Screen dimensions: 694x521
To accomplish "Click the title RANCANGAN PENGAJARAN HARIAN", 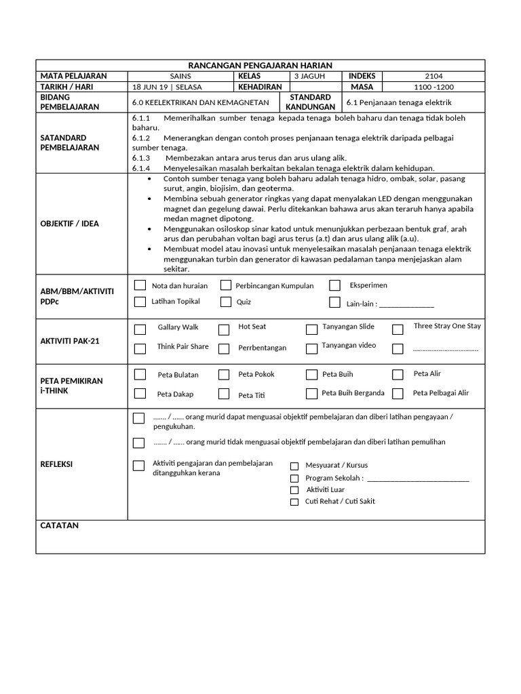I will tap(260, 65).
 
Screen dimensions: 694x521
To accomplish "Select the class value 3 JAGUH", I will tap(309, 77).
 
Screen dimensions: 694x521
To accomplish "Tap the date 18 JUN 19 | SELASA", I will tap(167, 87).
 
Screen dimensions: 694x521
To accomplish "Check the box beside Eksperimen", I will tap(334, 285).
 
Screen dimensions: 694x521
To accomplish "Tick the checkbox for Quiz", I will tap(226, 302).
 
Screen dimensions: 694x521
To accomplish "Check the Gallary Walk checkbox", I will tap(140, 330).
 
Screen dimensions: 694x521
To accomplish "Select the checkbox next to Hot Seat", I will tap(224, 330).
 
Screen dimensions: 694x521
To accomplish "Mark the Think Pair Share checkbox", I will tap(140, 350).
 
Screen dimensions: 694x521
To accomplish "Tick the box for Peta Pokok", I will tap(224, 374).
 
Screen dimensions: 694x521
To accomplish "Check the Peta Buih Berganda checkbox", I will tap(311, 394).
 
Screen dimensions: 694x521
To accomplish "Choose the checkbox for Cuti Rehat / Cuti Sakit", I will tap(294, 502).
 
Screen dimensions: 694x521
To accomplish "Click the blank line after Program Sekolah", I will tap(417, 478).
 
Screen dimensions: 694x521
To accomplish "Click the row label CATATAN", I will tap(60, 526).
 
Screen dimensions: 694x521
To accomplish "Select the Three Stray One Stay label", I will tap(447, 326).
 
